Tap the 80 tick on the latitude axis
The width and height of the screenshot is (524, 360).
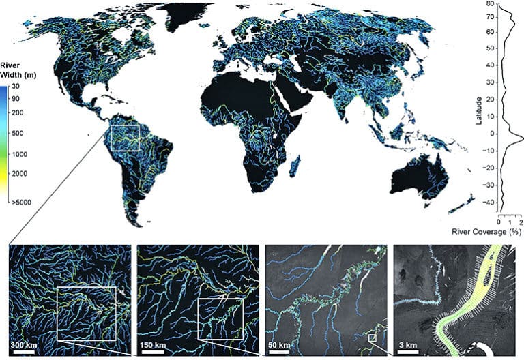(490, 4)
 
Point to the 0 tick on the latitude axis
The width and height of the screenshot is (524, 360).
(491, 134)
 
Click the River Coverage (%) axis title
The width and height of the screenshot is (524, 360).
(487, 232)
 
